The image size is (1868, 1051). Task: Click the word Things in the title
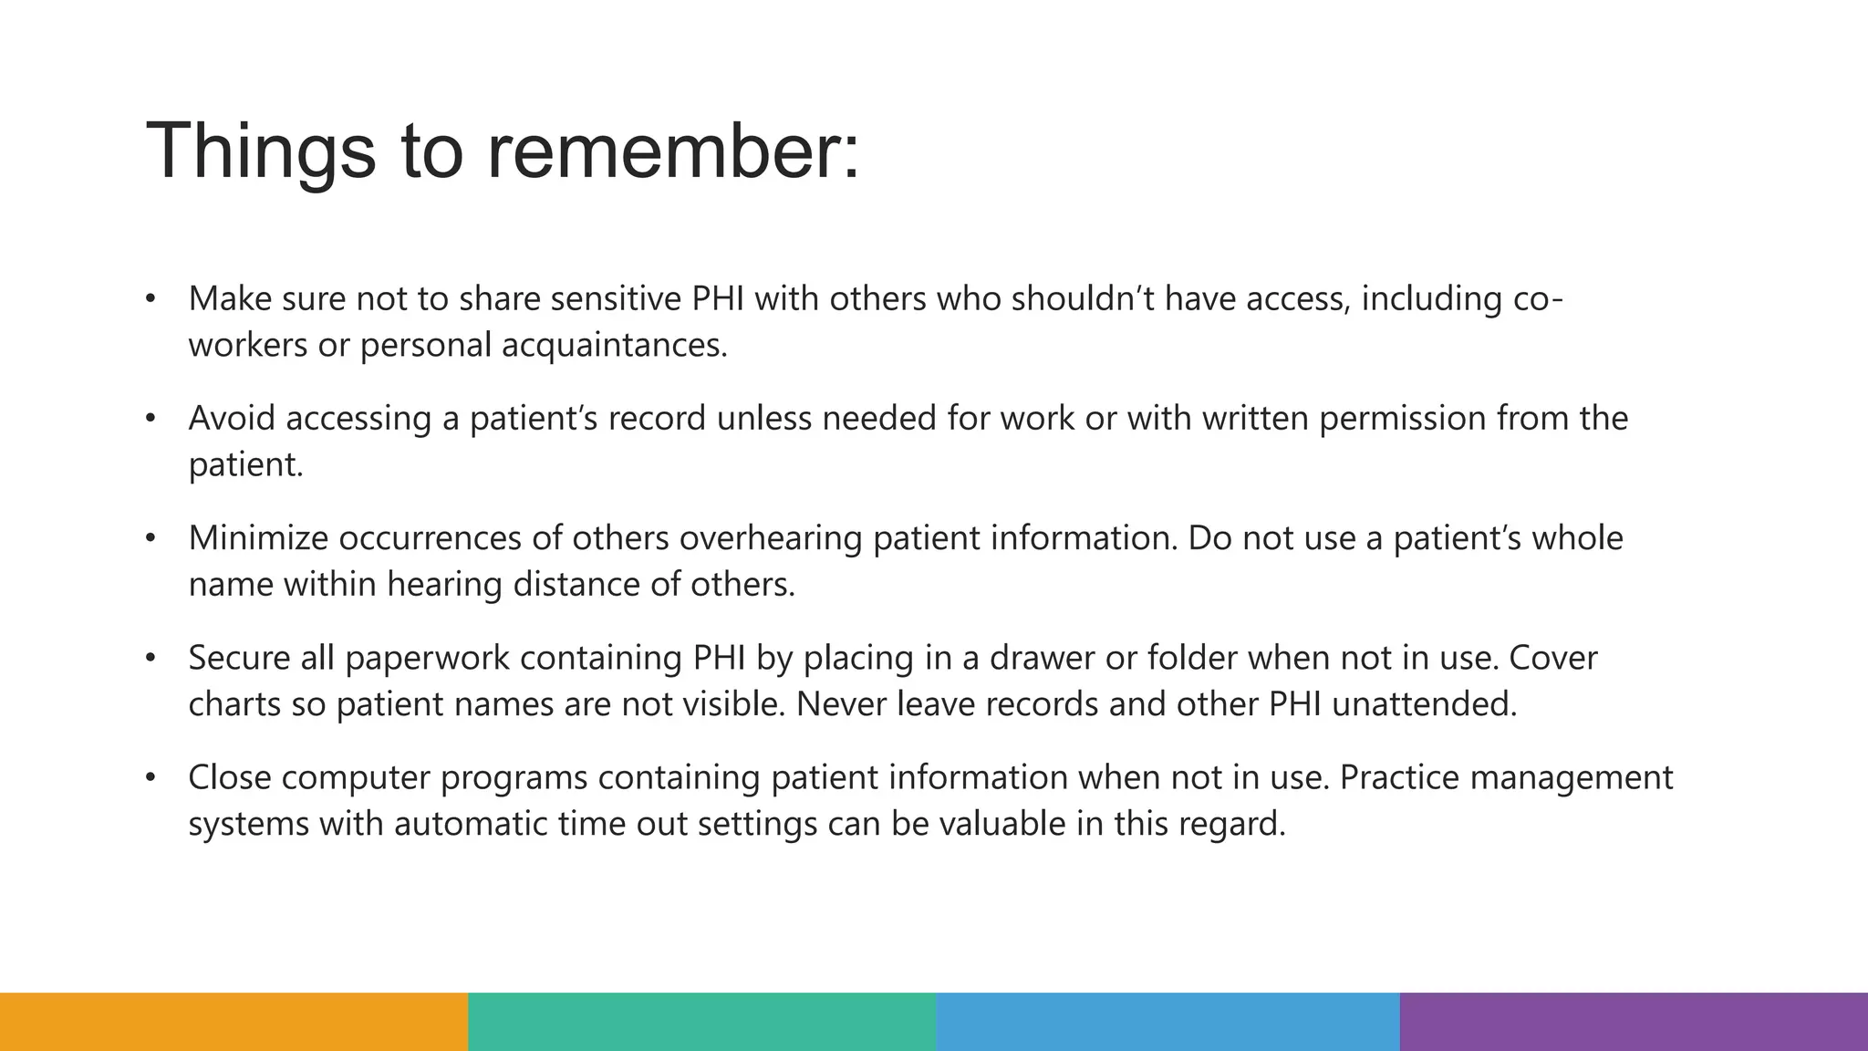point(260,151)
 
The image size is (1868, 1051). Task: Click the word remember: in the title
point(672,151)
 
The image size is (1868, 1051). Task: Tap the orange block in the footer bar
point(233,1022)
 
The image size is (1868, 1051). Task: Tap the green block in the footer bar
point(701,1022)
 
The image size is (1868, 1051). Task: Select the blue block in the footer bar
point(1167,1022)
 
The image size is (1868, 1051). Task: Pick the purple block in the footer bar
point(1634,1022)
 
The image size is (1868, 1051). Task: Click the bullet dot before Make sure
point(150,299)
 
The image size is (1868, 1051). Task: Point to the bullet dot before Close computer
point(150,778)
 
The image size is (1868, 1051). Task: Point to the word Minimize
point(258,538)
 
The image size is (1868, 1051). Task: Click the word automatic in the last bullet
point(470,825)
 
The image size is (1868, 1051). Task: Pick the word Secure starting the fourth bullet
point(239,658)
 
